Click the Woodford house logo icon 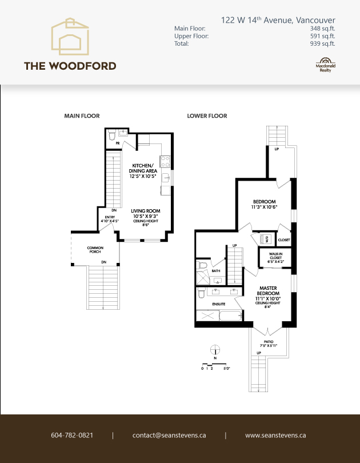tap(70, 37)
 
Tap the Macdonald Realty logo tap(325, 64)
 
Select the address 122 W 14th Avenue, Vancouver tap(278, 21)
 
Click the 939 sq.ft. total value tap(323, 43)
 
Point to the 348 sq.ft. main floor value tap(323, 28)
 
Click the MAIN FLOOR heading tap(82, 116)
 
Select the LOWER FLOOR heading tap(207, 116)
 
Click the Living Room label tap(145, 211)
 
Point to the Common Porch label tap(95, 249)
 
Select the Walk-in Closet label tap(272, 258)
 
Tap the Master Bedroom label tap(268, 292)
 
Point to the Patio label tap(268, 342)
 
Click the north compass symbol tap(215, 350)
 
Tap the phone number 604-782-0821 tap(72, 435)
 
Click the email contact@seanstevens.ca tap(169, 435)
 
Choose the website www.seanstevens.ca tap(275, 435)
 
